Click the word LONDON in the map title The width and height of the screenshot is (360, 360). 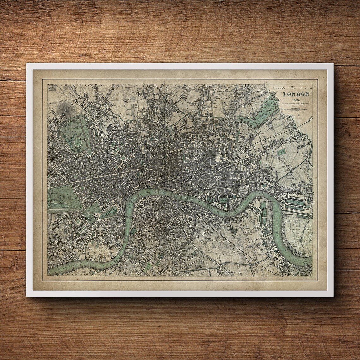click(296, 94)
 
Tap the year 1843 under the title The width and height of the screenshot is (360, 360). click(296, 99)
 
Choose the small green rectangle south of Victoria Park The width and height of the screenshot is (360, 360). click(280, 152)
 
